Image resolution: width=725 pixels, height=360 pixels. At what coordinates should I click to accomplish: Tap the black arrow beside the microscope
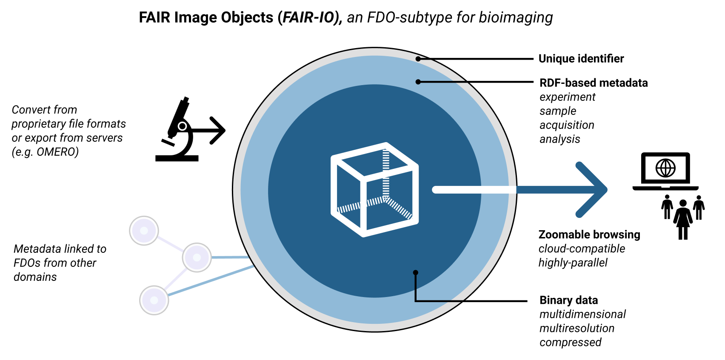point(211,130)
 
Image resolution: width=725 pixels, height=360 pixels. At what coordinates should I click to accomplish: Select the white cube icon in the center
point(374,189)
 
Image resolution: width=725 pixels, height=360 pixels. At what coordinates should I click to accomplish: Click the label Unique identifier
point(581,59)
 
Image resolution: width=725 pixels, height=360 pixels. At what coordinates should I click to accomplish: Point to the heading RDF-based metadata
point(593,83)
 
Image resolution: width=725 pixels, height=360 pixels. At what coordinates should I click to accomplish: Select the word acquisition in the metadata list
point(566,125)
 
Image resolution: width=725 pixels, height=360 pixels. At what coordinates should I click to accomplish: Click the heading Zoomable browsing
point(589,234)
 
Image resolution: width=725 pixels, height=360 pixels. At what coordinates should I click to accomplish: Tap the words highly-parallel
point(573,263)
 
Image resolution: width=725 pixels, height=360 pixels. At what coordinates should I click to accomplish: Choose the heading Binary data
point(568,300)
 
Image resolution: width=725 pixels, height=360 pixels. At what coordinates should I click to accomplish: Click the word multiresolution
point(577,328)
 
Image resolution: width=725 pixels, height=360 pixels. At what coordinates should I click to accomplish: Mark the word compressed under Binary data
point(570,342)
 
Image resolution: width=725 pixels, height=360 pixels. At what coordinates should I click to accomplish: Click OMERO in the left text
point(57,152)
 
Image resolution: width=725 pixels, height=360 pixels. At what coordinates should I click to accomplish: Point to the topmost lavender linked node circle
point(144,231)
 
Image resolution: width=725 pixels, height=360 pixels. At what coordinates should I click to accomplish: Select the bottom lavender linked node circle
point(154,300)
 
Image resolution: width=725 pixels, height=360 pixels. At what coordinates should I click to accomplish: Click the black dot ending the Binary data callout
point(416,273)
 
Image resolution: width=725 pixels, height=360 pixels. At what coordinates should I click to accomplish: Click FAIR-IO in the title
point(310,17)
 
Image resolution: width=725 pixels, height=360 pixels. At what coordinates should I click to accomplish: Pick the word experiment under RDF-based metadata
point(567,97)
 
